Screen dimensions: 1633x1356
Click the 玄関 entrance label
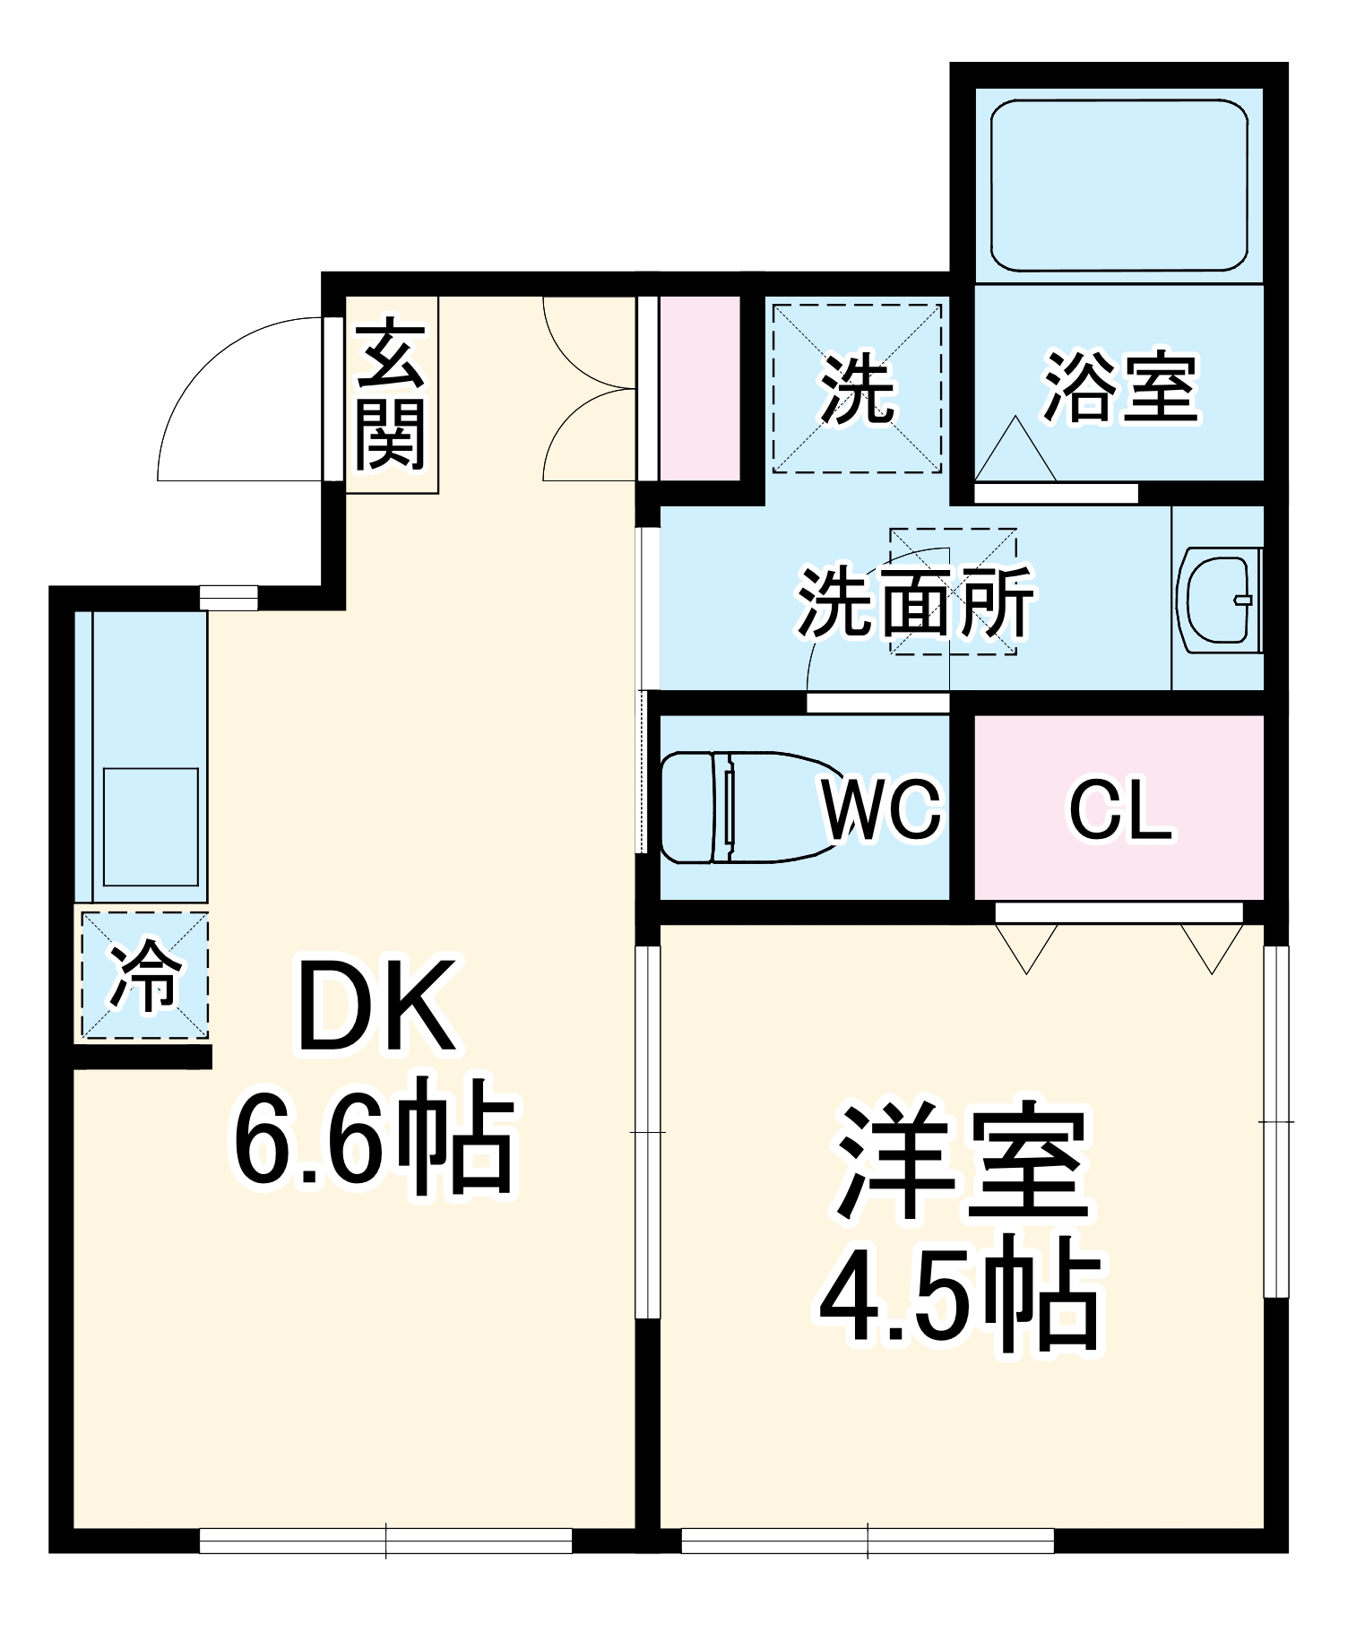tap(391, 394)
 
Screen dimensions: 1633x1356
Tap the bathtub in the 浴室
tap(1118, 186)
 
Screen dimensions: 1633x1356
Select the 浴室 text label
tap(1120, 388)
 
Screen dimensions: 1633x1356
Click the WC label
tap(882, 809)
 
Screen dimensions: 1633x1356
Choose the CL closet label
tap(1120, 809)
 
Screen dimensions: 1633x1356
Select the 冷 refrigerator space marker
tap(145, 975)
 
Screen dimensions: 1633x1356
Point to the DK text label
tap(376, 1006)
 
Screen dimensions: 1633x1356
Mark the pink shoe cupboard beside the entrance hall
tap(699, 388)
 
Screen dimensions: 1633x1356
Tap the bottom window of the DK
tap(385, 1540)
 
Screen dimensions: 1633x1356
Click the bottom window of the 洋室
tap(868, 1540)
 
